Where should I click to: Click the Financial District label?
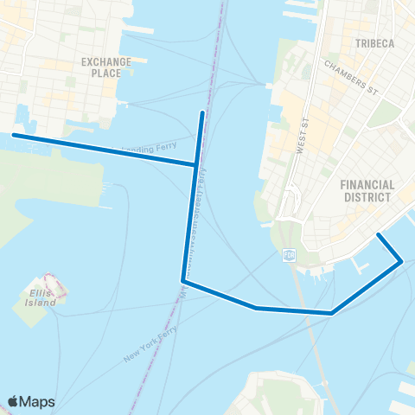(367, 190)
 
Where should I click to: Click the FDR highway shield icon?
(290, 256)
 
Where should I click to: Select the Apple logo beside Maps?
(14, 401)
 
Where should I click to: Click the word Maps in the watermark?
(38, 401)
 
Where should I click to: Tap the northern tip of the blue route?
(202, 112)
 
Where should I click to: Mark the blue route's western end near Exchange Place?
(13, 135)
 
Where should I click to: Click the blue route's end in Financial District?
(377, 234)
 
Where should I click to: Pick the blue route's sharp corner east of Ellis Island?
(182, 280)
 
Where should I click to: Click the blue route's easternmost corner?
(401, 261)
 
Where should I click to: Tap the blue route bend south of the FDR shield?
(332, 313)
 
